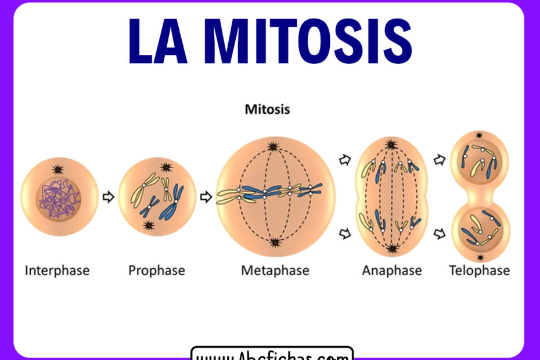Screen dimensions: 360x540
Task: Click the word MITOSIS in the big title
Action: point(308,41)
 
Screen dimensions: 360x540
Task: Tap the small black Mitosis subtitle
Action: point(267,109)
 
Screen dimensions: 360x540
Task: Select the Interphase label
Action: point(57,270)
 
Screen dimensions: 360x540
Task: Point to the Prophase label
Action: point(157,270)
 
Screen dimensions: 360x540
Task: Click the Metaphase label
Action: point(275,270)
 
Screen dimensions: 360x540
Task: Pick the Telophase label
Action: point(480,270)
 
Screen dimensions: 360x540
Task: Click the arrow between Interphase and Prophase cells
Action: point(108,197)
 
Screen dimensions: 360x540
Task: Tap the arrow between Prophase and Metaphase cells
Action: point(206,197)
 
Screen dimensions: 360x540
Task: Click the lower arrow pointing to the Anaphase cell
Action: point(344,234)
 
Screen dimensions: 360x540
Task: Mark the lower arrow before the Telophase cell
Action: point(440,234)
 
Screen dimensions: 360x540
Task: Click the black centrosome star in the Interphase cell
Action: point(58,170)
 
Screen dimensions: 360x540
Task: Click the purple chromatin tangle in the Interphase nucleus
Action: point(59,201)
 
